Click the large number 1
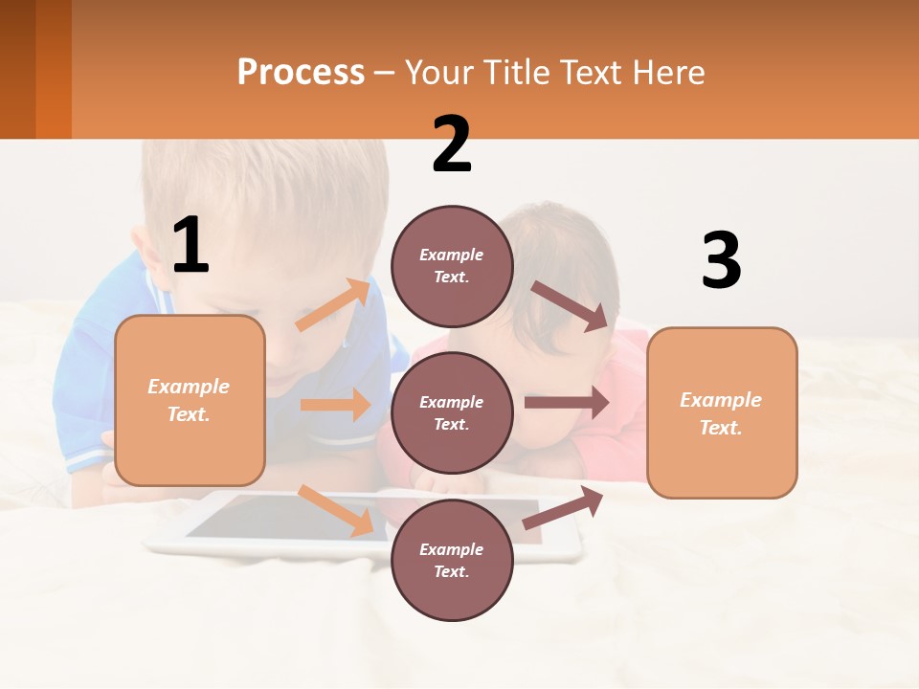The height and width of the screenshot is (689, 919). pyautogui.click(x=191, y=245)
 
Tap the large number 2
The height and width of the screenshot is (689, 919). pyautogui.click(x=452, y=144)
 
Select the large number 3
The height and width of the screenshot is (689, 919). pyautogui.click(x=721, y=261)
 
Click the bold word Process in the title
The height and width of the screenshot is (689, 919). pyautogui.click(x=301, y=72)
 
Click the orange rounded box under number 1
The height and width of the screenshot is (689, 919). pyautogui.click(x=190, y=400)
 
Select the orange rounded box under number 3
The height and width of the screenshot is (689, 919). pyautogui.click(x=722, y=412)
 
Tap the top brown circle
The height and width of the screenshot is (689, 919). pyautogui.click(x=452, y=266)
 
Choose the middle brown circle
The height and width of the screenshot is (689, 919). pyautogui.click(x=452, y=412)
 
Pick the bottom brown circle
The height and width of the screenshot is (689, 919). pyautogui.click(x=452, y=560)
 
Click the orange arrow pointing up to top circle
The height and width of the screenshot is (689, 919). pyautogui.click(x=333, y=305)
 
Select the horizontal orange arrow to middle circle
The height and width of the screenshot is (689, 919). pyautogui.click(x=336, y=405)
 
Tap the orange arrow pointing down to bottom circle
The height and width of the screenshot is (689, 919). pyautogui.click(x=335, y=509)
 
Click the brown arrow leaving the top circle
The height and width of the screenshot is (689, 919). pyautogui.click(x=571, y=306)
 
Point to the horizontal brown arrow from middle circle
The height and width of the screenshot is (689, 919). pyautogui.click(x=567, y=402)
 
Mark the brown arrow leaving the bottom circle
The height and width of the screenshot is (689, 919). pyautogui.click(x=564, y=508)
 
